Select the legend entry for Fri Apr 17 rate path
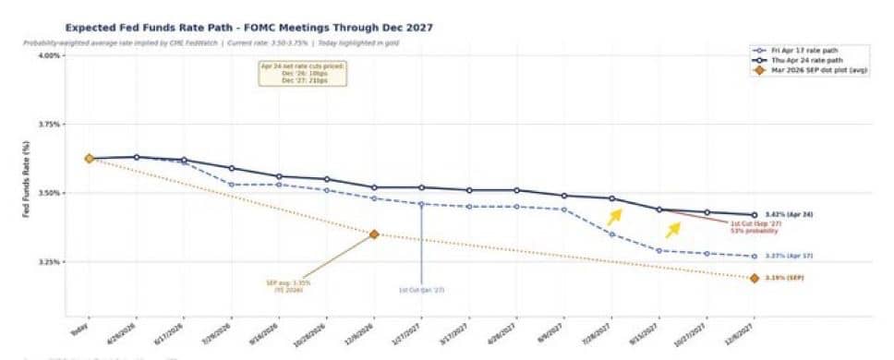point(803,51)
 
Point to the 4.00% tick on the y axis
point(49,55)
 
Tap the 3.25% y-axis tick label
point(49,262)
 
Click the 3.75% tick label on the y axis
point(49,124)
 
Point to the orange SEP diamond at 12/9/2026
point(374,234)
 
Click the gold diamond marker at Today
point(90,159)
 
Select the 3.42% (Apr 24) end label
point(789,214)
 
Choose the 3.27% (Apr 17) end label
point(789,256)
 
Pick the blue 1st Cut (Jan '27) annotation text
point(421,290)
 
